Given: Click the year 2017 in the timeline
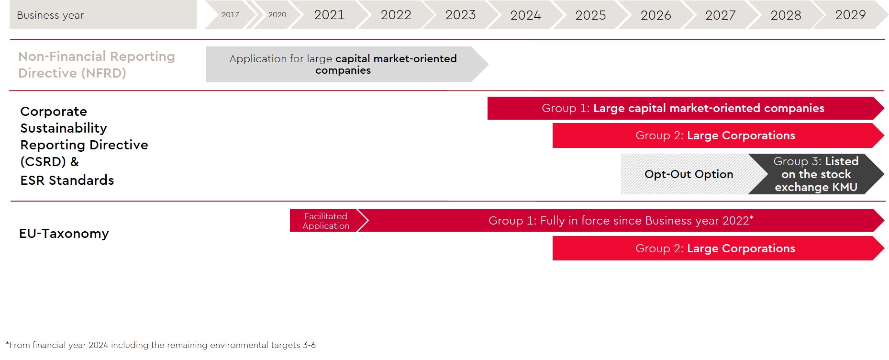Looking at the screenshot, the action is coord(230,15).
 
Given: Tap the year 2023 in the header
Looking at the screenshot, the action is coord(460,15).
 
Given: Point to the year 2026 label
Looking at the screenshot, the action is coord(656,15).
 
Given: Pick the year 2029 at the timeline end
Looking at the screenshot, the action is coord(850,15).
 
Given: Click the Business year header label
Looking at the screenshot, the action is coord(50,15).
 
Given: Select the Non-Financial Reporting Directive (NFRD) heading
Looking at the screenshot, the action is coord(97,65).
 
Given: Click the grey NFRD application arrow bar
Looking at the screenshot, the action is coord(347,64).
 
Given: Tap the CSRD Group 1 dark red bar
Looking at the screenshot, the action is coord(686,108).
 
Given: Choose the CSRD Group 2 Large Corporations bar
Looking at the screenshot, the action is coord(718,135).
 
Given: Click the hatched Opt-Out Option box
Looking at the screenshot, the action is coord(689,174).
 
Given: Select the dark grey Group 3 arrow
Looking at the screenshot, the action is coord(816,174).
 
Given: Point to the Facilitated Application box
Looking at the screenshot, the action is coord(326,221).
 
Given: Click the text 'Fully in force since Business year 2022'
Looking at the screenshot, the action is coord(645,221).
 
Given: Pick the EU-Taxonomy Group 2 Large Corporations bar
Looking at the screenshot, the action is coord(718,248).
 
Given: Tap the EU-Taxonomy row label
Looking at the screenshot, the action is coord(64,234).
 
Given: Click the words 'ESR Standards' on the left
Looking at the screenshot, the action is coord(67,180).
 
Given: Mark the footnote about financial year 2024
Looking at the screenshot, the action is coord(161,345).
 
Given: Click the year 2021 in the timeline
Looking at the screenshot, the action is coord(329,15).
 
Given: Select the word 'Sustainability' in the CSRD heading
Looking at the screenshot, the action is coord(64,128).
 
